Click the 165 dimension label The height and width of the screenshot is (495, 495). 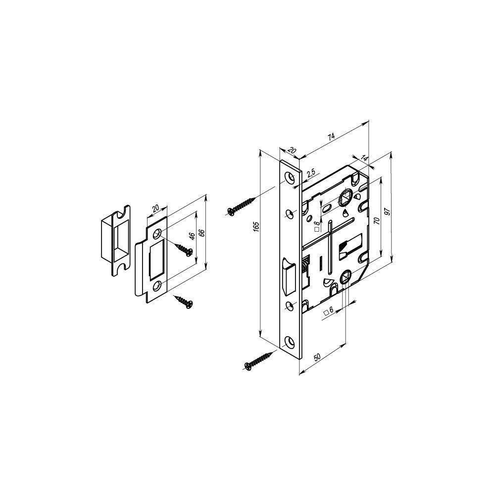tap(256, 226)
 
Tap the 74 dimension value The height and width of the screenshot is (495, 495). tap(331, 137)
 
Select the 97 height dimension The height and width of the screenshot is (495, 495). tap(388, 211)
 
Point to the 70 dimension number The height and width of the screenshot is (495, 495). tap(376, 220)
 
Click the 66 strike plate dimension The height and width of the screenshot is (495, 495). tap(202, 233)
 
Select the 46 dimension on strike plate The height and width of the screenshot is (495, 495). tap(192, 236)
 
